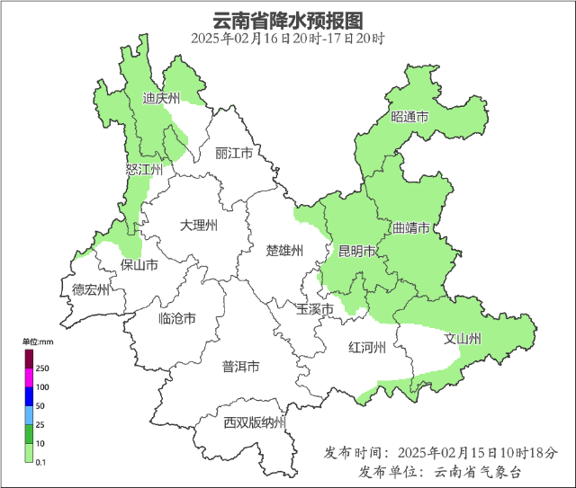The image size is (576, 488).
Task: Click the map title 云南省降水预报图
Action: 287,20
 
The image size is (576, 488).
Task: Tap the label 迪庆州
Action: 162,99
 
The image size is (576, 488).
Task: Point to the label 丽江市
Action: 234,154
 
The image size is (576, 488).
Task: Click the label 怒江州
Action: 144,169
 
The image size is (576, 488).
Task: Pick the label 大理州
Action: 198,225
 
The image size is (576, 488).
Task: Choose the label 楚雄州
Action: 285,250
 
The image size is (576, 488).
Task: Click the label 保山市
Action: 139,265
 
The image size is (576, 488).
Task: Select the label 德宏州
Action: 91,289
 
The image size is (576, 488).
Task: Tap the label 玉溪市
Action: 315,309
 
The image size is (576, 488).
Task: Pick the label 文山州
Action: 463,339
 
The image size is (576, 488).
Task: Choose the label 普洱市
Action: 240,367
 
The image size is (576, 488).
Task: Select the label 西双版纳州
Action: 255,422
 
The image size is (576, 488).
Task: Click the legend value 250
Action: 42,369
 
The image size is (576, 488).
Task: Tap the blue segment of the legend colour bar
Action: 29,395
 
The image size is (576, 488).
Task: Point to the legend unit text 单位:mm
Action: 39,342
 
